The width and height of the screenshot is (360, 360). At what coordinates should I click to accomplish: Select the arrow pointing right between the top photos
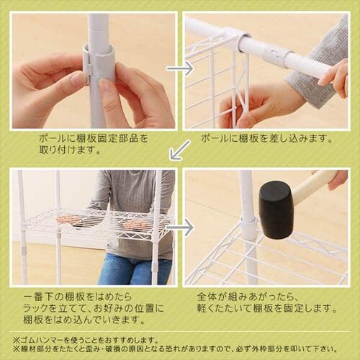[x=179, y=69]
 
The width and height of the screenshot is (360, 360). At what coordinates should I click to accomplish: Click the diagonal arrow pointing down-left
[x=179, y=150]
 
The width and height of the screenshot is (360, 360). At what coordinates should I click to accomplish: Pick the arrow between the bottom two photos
[x=179, y=228]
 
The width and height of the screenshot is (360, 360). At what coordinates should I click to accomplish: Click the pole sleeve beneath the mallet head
[x=248, y=229]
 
